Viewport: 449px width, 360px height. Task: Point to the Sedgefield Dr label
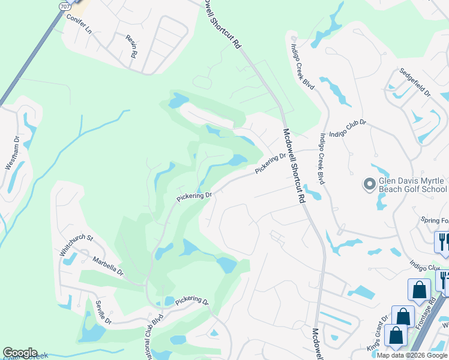tap(415, 82)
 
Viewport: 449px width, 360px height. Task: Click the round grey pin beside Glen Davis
tap(369, 183)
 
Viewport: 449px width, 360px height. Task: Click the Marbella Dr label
tap(107, 266)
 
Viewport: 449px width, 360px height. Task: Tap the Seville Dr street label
tap(103, 312)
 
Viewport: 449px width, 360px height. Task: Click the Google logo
tap(20, 353)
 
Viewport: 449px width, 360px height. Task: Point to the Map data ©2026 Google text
tap(412, 355)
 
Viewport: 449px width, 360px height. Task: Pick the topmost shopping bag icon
tap(418, 290)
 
